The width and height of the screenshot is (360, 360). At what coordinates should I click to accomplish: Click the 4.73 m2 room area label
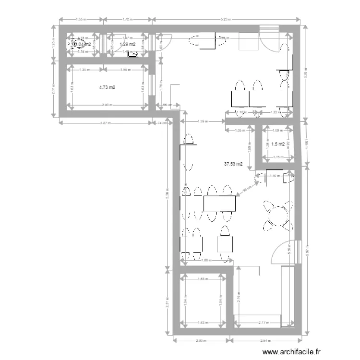[x=107, y=88]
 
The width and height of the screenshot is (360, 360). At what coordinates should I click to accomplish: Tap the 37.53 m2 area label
[x=233, y=164]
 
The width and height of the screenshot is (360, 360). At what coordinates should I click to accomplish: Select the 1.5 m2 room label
[x=277, y=144]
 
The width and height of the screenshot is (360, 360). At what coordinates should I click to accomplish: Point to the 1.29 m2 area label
[x=127, y=44]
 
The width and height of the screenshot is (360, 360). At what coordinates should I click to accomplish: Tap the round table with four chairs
[x=277, y=215]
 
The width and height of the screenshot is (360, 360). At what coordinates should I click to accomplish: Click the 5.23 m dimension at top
[x=226, y=20]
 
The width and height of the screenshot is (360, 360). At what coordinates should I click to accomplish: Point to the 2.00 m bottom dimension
[x=201, y=341]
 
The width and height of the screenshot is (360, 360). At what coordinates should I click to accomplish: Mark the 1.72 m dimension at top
[x=127, y=20]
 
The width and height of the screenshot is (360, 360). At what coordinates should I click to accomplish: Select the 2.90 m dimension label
[x=107, y=105]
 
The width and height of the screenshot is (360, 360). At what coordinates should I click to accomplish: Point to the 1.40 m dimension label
[x=274, y=176]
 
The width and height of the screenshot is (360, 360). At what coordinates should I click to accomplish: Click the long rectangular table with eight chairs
[x=220, y=204]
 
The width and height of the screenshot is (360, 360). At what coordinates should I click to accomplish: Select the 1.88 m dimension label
[x=206, y=261]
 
